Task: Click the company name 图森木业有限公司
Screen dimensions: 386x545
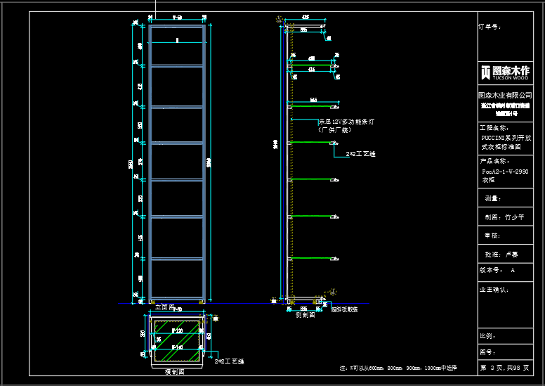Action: (504, 94)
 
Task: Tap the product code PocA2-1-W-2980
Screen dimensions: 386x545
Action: (504, 171)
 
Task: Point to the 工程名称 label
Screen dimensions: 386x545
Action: (493, 128)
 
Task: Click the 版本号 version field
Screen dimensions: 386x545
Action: (497, 270)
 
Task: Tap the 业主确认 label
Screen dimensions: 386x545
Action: (494, 289)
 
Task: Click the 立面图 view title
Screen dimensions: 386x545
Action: (164, 307)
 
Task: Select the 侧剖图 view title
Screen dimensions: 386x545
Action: (305, 315)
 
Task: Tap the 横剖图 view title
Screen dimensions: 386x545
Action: (173, 371)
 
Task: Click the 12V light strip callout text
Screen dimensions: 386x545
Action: (346, 122)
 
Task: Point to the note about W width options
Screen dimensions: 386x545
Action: (398, 368)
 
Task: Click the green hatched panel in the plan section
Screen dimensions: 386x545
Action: (177, 340)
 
